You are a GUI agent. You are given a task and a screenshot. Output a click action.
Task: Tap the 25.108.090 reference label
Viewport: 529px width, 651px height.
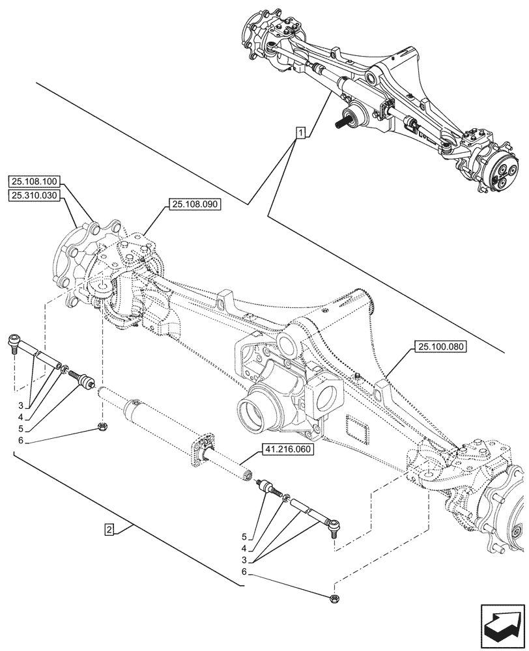point(194,204)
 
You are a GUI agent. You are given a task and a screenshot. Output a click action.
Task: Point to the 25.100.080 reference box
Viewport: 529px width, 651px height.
point(438,347)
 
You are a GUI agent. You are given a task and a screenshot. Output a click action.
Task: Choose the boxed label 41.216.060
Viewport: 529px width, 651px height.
point(287,450)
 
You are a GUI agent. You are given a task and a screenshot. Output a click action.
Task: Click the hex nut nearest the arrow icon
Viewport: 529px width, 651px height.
point(334,596)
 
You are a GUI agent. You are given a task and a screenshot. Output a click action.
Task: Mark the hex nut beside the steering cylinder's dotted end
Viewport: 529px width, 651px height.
point(102,427)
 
